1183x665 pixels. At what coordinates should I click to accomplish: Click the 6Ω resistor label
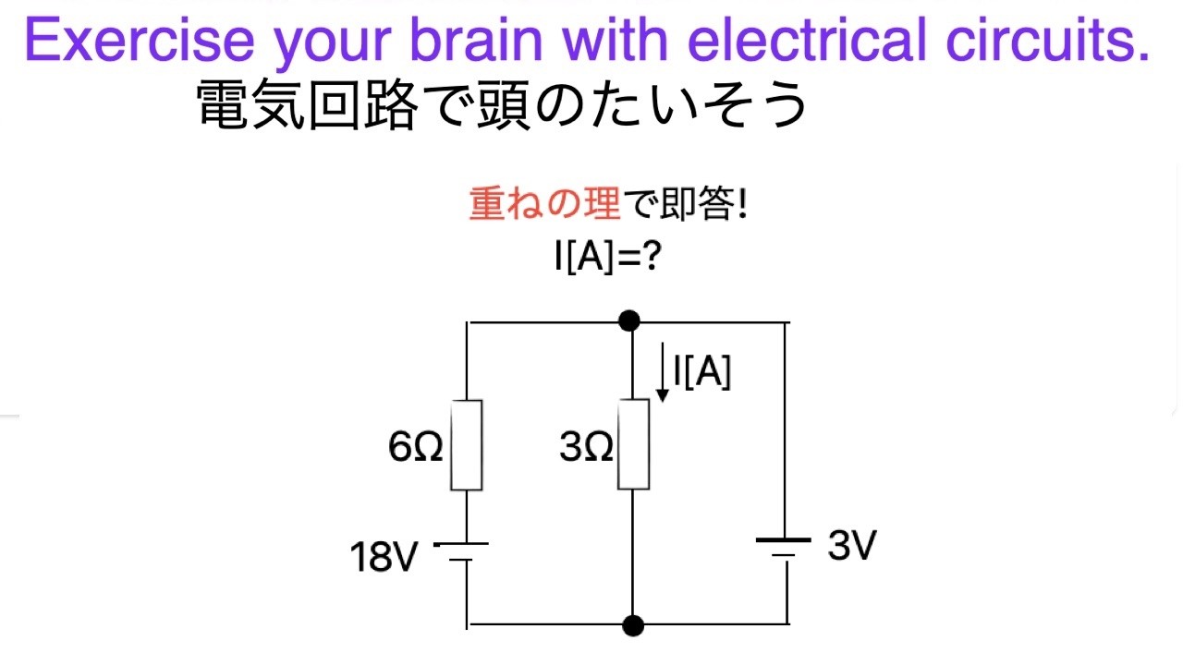click(x=415, y=449)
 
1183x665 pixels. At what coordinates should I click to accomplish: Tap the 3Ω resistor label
click(x=586, y=449)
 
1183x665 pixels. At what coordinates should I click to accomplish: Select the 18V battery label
click(x=384, y=557)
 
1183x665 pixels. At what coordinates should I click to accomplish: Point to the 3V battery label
click(x=850, y=548)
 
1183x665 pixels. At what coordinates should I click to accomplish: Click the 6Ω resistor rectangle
click(x=466, y=445)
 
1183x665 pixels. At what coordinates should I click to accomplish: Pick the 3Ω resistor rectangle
click(x=633, y=445)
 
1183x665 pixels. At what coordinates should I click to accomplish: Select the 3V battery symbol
click(x=785, y=547)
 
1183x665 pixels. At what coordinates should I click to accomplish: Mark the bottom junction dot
click(x=633, y=625)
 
